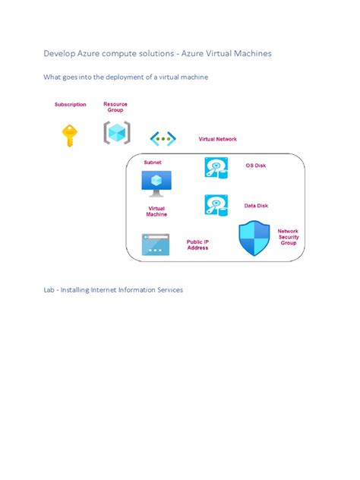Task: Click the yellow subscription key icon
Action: pos(70,135)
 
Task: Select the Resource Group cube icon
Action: pos(116,133)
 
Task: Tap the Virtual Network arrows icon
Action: pos(163,138)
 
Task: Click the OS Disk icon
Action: pos(216,167)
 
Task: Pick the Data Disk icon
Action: pos(216,205)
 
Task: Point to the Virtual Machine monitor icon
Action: pos(156,183)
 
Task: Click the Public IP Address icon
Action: pos(156,244)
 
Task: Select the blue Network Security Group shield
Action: pos(254,238)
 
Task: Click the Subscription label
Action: pos(70,104)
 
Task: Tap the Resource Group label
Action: pos(115,106)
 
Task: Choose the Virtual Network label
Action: pos(217,139)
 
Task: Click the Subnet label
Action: pos(153,162)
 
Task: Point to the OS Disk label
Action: pos(255,166)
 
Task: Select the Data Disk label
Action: pos(256,205)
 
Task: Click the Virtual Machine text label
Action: pos(156,211)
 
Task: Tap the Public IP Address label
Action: pos(197,245)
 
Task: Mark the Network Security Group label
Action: pos(288,237)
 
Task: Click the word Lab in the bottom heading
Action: pos(49,289)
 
